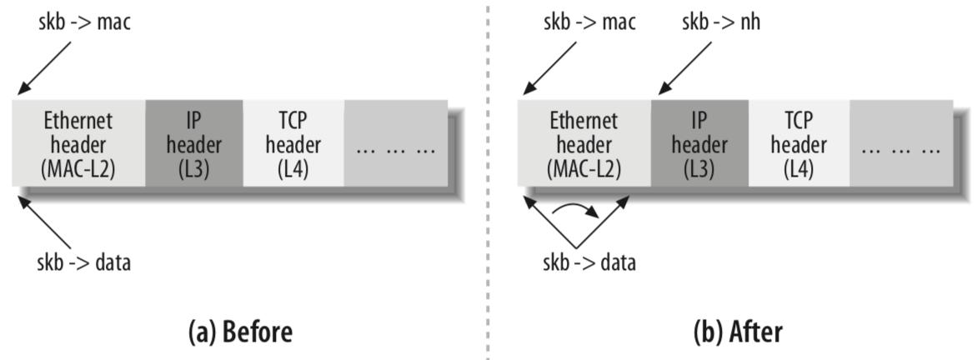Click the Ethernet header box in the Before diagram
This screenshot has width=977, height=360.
coord(78,143)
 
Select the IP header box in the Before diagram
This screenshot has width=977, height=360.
coord(193,143)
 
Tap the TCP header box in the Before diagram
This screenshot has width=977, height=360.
coord(293,143)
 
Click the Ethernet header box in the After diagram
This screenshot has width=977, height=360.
coord(584,143)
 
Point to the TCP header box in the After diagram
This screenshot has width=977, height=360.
coord(798,143)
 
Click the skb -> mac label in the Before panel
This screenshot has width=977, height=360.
coord(85,22)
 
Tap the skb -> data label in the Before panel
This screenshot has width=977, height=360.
coord(85,264)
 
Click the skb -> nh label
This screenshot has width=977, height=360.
coord(722,22)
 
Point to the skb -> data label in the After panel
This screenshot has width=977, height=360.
coord(589,264)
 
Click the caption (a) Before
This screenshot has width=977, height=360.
coord(240,332)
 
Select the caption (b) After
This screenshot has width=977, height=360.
coord(738,332)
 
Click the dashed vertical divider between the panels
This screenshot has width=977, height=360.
coord(488,180)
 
